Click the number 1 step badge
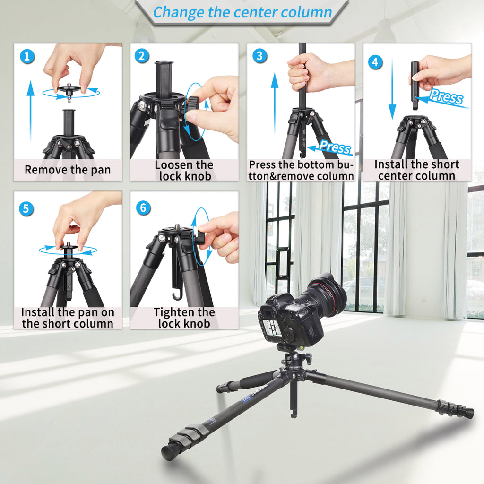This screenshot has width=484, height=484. pyautogui.click(x=27, y=57)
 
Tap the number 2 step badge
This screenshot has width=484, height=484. pyautogui.click(x=142, y=56)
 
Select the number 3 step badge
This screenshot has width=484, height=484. pyautogui.click(x=259, y=56)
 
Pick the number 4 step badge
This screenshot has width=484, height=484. pyautogui.click(x=375, y=61)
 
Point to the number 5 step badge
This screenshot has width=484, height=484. pyautogui.click(x=27, y=208)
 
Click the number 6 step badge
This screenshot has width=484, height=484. pyautogui.click(x=143, y=207)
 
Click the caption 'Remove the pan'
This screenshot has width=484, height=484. pyautogui.click(x=68, y=170)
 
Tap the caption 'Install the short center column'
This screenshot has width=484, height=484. pyautogui.click(x=416, y=170)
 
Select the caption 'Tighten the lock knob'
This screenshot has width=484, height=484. pyautogui.click(x=184, y=318)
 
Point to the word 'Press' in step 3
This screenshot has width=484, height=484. pyautogui.click(x=335, y=147)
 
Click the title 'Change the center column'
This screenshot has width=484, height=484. pyautogui.click(x=242, y=12)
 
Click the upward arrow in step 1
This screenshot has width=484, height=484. pyautogui.click(x=31, y=111)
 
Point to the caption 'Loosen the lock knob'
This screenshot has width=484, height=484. pyautogui.click(x=184, y=171)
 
